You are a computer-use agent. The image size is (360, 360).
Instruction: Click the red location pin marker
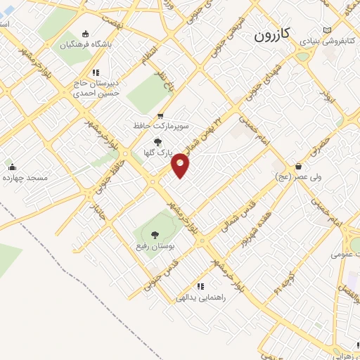click(181, 166)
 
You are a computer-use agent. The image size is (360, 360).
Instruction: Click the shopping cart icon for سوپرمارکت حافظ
click(160, 116)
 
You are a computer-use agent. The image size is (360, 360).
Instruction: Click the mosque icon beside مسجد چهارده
click(11, 167)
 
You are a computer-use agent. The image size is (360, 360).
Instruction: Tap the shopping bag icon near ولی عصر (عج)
click(300, 167)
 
